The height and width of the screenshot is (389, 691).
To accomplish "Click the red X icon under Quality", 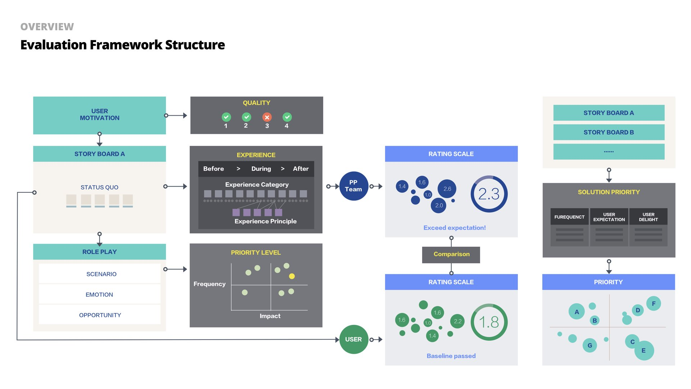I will coord(267,117).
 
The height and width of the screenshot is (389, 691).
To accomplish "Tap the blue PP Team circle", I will coord(353,186).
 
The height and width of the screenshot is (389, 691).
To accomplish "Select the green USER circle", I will coord(353,339).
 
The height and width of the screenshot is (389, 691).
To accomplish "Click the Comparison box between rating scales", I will coord(451,254).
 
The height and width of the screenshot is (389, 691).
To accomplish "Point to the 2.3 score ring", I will coord(489,194).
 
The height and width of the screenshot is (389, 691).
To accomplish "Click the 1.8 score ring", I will coord(489,322).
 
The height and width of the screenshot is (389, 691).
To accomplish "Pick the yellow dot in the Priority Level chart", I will coord(292,276).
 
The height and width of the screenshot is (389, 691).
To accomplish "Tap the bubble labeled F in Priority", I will coord(654,304).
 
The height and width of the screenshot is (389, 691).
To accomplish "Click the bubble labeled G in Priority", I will coord(590,345).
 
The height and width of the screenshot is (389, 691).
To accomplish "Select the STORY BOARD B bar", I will coord(609,132).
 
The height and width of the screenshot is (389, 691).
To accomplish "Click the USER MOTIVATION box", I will coord(99,115).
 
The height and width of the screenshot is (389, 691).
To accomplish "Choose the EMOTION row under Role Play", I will coord(99,295).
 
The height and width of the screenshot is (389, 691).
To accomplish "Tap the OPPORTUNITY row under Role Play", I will coord(100,315).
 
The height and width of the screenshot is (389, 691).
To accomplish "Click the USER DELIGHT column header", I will coord(648,217).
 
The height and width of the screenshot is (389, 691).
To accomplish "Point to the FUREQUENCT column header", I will coord(569,217).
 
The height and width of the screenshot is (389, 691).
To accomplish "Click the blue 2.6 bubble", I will coord(447,189).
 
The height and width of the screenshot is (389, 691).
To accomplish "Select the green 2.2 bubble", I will coord(457,321).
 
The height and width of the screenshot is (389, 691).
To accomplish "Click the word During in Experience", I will coord(261,169).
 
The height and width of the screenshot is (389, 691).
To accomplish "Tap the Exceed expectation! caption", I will coord(454,228).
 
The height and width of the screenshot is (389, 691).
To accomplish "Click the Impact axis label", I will coord(270,316).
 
